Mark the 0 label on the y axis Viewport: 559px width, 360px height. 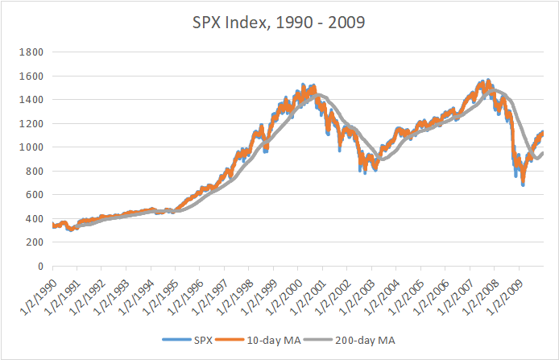(x=38, y=266)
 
